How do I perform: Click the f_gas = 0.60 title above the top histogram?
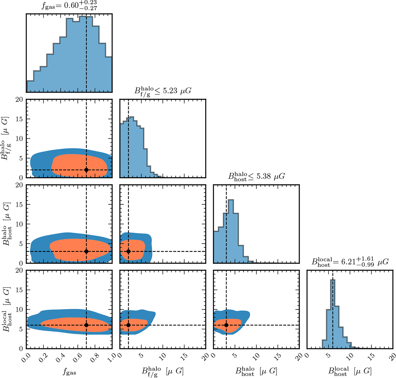point(69,6)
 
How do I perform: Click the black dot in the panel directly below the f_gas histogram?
point(86,170)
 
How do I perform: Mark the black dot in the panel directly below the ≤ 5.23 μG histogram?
point(128,251)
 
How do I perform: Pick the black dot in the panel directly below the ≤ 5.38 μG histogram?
point(226,325)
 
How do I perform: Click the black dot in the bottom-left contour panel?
point(86,325)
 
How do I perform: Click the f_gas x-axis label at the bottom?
point(69,372)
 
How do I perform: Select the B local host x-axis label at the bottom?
point(350,371)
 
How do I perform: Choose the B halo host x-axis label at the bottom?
point(256,371)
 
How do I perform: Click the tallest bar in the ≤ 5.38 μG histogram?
point(231,231)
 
